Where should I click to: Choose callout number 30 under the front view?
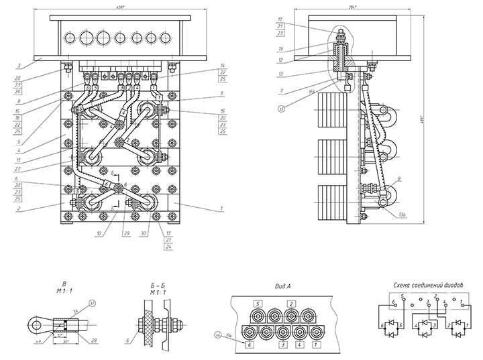pos(143,233)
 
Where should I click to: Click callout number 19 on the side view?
pos(280,49)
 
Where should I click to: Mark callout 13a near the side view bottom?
pos(402,215)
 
